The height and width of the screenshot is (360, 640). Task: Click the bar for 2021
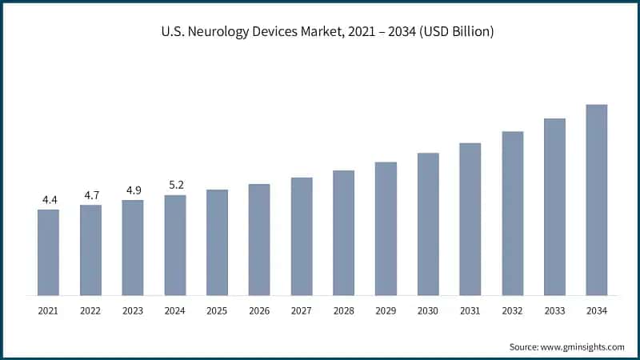(48, 252)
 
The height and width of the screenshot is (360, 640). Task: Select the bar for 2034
(596, 200)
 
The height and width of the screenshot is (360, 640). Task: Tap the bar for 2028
(343, 233)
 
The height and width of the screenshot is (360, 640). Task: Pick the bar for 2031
(470, 219)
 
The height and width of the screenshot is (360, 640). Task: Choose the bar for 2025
(217, 242)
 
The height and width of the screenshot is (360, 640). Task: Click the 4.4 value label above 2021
(48, 199)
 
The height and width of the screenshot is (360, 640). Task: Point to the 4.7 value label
(90, 194)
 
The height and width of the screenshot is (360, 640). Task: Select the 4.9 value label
(133, 190)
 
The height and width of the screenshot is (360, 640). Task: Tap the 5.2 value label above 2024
(174, 185)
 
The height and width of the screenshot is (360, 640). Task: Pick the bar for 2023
(133, 247)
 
